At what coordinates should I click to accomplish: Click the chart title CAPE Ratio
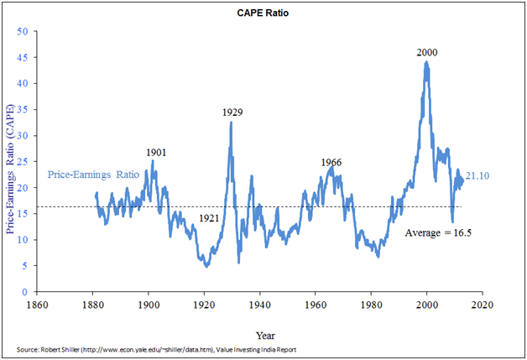click(x=264, y=14)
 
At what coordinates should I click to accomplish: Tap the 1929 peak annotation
click(x=232, y=112)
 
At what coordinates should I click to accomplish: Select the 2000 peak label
click(x=426, y=52)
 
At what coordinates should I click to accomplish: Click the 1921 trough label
click(x=210, y=218)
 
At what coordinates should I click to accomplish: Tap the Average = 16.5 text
click(x=439, y=232)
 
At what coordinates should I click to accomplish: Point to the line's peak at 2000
click(x=426, y=62)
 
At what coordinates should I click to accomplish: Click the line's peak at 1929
click(x=232, y=123)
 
